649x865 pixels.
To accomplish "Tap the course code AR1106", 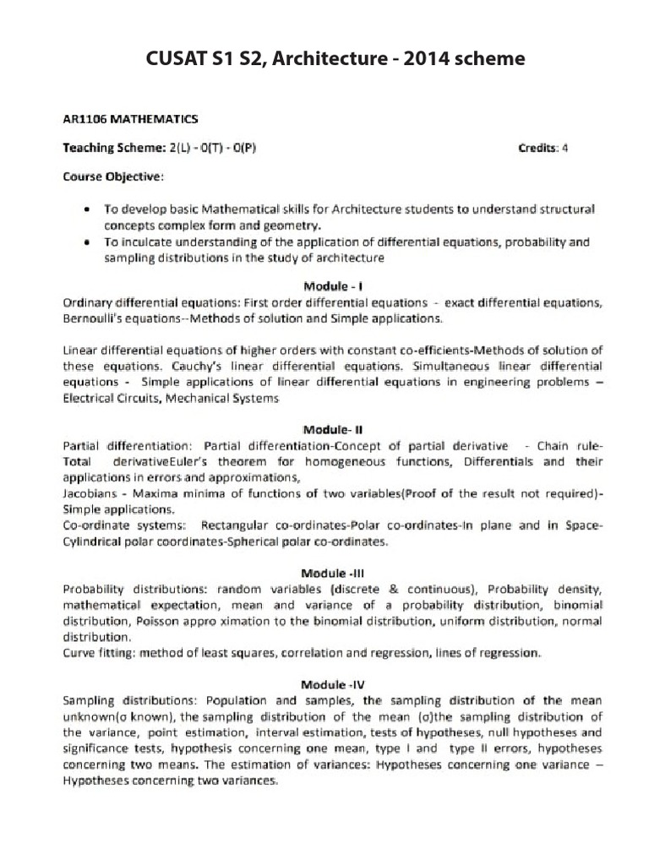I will (x=88, y=120).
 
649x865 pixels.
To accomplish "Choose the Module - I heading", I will (x=335, y=286).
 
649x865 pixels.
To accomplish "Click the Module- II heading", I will (x=335, y=429).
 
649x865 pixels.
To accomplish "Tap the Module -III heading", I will (x=335, y=572).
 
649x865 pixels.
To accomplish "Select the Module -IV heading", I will (x=335, y=683).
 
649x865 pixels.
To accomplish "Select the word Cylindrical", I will (x=95, y=541).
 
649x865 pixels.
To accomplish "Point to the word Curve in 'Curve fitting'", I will (x=79, y=653).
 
